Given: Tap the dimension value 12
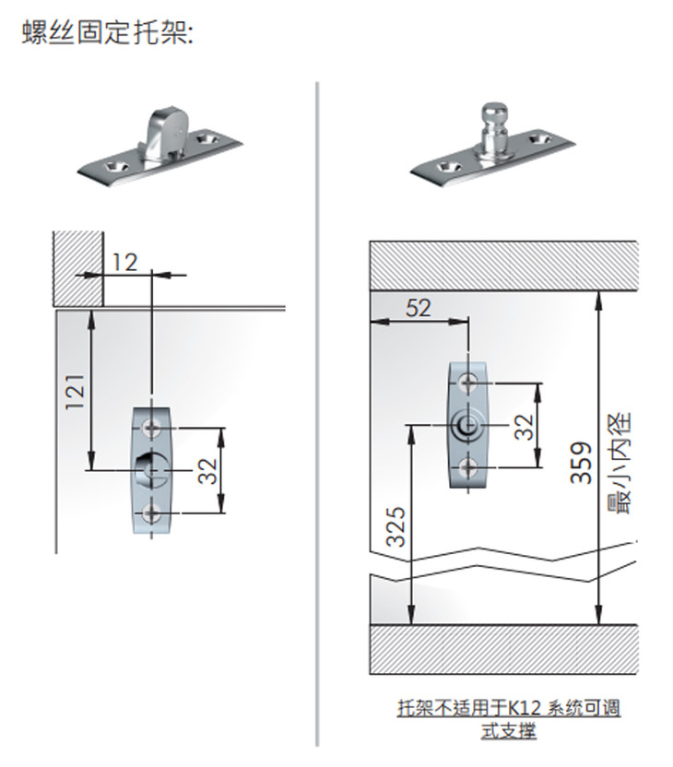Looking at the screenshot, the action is (x=124, y=263).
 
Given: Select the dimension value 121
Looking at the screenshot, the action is (x=76, y=392).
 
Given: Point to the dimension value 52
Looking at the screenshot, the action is (x=419, y=308).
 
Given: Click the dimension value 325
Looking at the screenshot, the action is (x=396, y=526).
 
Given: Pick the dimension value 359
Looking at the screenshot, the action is (x=581, y=463).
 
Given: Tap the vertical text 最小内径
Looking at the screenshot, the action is (x=620, y=463).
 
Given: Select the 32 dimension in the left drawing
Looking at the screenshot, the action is (x=208, y=470).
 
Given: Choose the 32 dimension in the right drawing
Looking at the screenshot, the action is (x=525, y=427).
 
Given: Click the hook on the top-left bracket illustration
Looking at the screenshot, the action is (x=166, y=132).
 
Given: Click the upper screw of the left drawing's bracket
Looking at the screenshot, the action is (x=151, y=428).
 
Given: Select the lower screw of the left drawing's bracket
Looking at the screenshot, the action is (x=151, y=513).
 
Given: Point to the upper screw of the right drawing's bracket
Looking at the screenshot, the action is (x=468, y=382).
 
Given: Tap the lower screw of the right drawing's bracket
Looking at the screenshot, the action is (x=468, y=467).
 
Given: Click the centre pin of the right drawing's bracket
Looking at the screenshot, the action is (x=467, y=425).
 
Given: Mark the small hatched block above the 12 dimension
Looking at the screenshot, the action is (x=78, y=268).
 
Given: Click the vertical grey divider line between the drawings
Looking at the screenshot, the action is (x=317, y=414).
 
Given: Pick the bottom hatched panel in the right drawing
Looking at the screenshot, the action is (x=503, y=649).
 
